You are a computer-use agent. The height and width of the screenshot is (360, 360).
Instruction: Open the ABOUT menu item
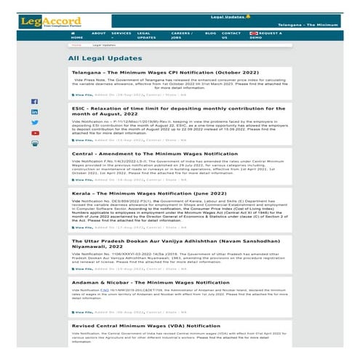[99, 33]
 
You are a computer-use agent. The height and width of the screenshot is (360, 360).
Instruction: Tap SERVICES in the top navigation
[121, 33]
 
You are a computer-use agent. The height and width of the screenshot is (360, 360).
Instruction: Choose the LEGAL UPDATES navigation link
[145, 36]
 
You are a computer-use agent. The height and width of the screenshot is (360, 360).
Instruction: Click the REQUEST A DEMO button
[265, 36]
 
